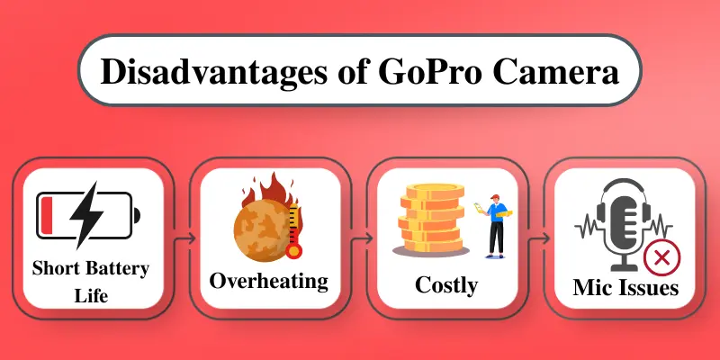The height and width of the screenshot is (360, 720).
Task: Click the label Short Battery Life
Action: tap(90, 281)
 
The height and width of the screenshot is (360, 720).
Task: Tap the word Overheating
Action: tap(268, 281)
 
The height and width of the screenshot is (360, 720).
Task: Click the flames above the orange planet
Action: tap(270, 191)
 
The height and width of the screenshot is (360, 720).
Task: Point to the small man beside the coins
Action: tap(494, 225)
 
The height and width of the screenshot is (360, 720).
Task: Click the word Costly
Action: tap(445, 287)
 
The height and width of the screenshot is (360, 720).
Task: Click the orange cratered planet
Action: tap(261, 232)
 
